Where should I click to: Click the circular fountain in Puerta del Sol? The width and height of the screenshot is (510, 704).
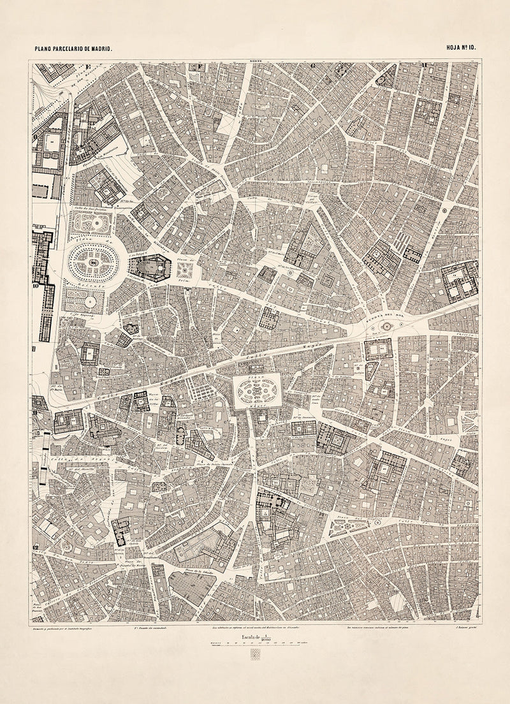coord(384,326)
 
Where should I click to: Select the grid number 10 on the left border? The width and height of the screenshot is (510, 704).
coord(37,287)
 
